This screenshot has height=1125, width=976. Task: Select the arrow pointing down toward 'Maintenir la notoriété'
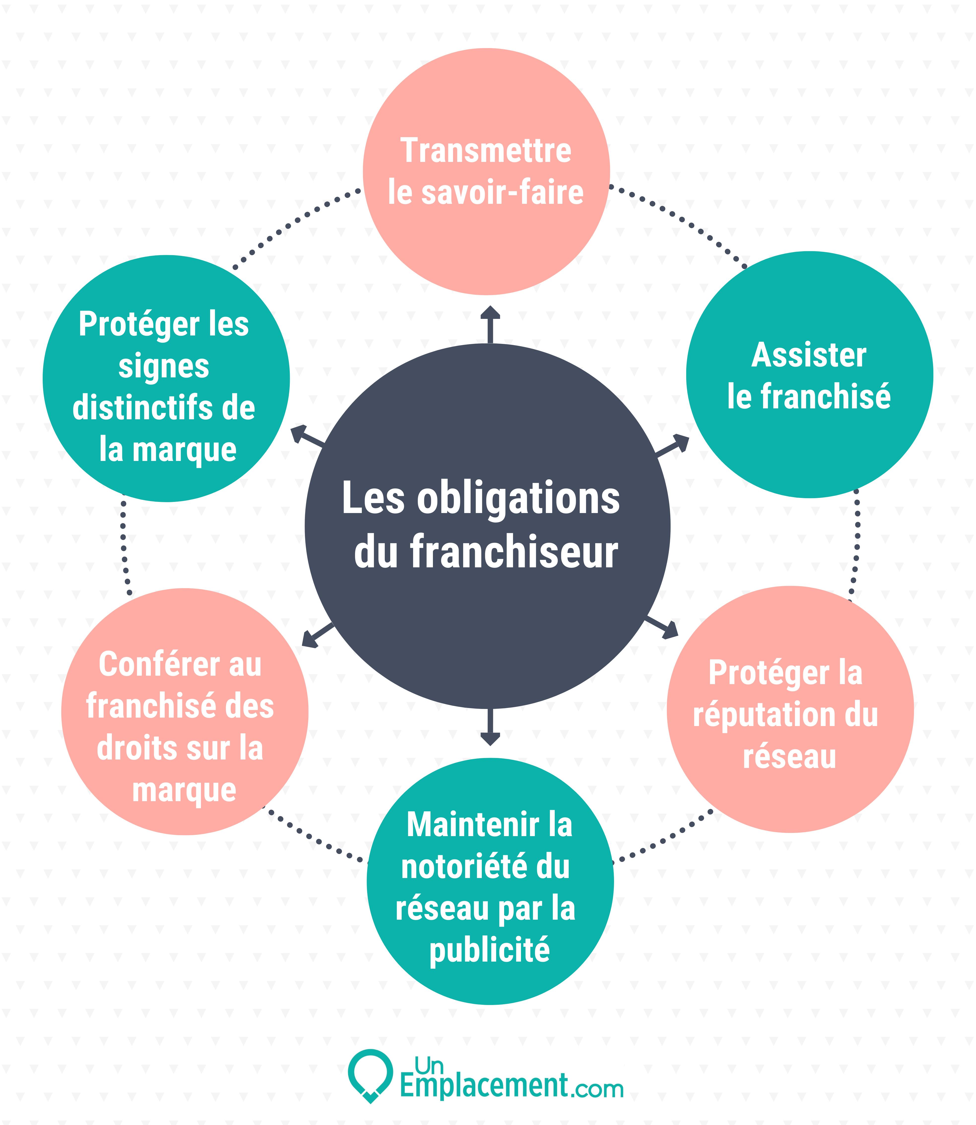pyautogui.click(x=490, y=727)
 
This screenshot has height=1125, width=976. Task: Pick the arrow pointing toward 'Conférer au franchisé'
pyautogui.click(x=318, y=635)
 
